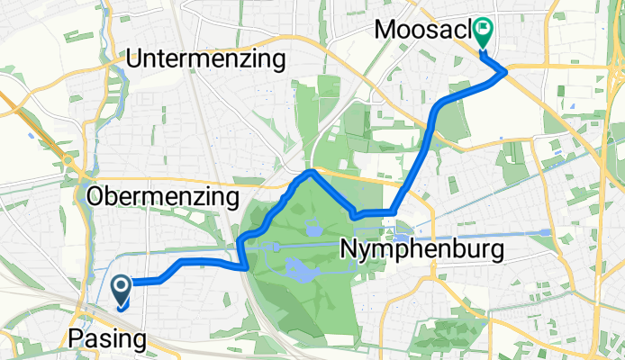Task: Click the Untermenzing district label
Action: [206, 59]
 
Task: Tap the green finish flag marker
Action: [483, 32]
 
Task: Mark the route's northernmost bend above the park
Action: [310, 170]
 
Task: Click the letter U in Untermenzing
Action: [135, 59]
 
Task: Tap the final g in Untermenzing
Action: [278, 63]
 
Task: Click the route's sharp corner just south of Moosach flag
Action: [506, 71]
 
